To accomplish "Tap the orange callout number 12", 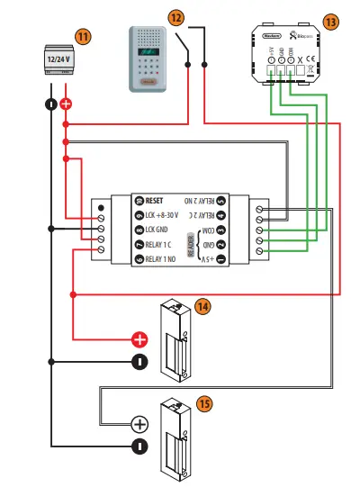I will [176, 17].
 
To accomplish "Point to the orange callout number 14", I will [202, 306].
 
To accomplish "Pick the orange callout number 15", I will [204, 404].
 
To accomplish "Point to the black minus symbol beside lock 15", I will [139, 446].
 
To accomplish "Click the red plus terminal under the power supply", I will [66, 104].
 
